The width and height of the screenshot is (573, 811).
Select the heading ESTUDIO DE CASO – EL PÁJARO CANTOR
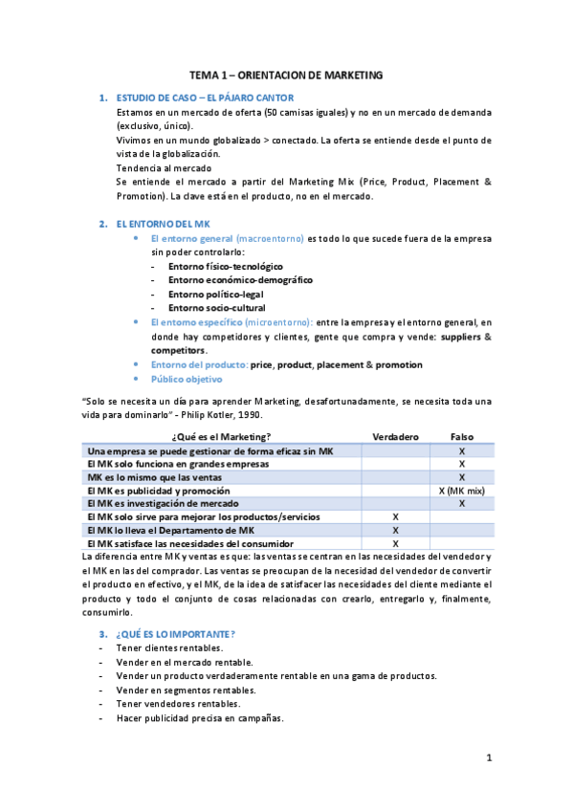tap(204, 99)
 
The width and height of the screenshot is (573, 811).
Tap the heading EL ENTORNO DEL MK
tap(155, 224)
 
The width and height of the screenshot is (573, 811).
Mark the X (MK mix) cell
tap(462, 490)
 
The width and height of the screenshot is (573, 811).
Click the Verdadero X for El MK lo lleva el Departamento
tap(395, 530)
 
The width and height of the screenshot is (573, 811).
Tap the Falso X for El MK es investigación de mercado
tap(462, 503)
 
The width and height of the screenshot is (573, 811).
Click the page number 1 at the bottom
tap(488, 759)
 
